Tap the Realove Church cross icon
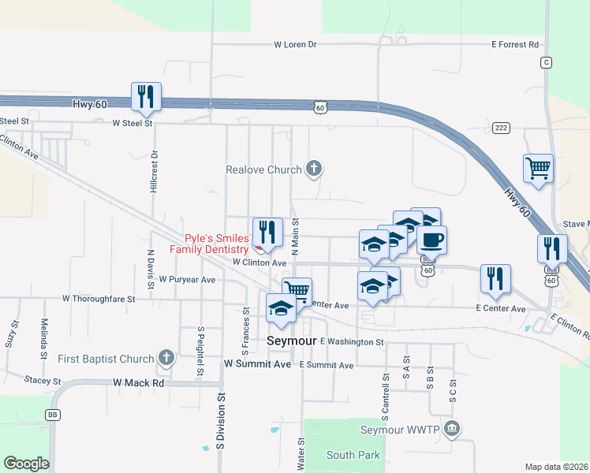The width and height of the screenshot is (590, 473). [x=314, y=169]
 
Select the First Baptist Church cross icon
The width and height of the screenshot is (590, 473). [x=166, y=359]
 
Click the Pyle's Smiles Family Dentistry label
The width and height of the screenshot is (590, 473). [x=217, y=244]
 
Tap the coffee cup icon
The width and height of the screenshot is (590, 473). [x=431, y=240]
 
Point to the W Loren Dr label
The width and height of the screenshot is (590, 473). [x=295, y=45]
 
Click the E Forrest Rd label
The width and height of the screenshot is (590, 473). [x=514, y=45]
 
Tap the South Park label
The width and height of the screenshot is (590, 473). [x=353, y=455]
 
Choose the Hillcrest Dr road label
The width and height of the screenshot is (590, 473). [x=155, y=172]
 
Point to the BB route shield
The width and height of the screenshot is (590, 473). [x=54, y=414]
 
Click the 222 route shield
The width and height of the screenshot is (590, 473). [x=500, y=127]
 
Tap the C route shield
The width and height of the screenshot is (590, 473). [x=546, y=61]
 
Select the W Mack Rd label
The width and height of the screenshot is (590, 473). [x=138, y=383]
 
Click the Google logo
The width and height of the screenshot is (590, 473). [x=26, y=463]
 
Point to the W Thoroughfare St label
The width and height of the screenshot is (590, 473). [x=99, y=300]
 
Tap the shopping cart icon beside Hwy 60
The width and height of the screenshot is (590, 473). [x=538, y=169]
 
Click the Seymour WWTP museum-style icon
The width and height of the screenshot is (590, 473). [x=451, y=429]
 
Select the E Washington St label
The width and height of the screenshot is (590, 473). [x=352, y=342]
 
